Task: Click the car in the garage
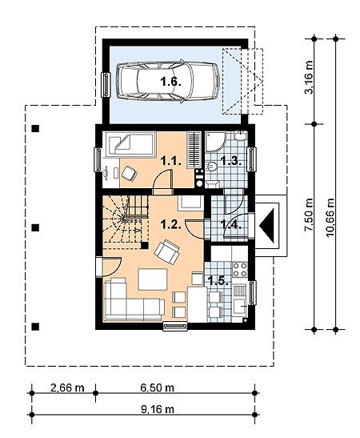coord(168,82)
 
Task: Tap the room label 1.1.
coord(172,161)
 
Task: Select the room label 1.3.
coord(230,161)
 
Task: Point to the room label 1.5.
coord(219,281)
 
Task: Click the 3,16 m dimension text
coord(310,78)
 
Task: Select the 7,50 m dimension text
coord(310,215)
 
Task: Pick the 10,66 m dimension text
coord(330,217)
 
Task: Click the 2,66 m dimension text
coord(67,388)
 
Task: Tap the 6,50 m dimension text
coord(158,388)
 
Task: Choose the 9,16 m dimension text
coord(158,409)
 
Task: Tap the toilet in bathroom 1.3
coord(211,167)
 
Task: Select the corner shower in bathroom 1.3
coord(215,142)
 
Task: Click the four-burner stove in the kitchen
coord(240,269)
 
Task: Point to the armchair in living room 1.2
coord(167,251)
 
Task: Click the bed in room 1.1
coord(129,144)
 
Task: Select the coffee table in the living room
coord(153,279)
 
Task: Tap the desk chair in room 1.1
coord(129,173)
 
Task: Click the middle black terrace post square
coord(35,227)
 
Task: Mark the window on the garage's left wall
coord(106,85)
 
